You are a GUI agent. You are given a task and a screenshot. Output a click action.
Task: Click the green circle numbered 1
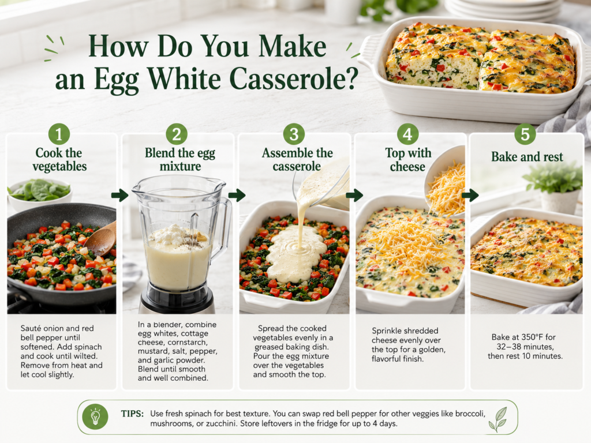pos(59,134)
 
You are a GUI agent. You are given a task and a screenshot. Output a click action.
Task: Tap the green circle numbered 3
pos(294,134)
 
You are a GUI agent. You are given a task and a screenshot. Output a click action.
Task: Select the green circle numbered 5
pos(525,134)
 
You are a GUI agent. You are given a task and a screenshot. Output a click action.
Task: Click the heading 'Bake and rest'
pos(527,157)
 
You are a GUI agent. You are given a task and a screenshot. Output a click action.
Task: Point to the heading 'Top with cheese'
pos(408,159)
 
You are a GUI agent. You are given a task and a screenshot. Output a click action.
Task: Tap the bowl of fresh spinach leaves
pos(39,194)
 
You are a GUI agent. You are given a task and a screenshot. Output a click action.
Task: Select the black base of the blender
pos(177,298)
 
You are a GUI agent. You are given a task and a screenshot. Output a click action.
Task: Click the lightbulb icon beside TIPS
pos(95,417)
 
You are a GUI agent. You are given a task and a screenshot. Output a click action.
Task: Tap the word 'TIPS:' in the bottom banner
pos(132,414)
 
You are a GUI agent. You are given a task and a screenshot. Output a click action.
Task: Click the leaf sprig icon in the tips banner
pos(498,419)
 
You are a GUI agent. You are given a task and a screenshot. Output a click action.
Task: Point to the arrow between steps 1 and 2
pos(119,195)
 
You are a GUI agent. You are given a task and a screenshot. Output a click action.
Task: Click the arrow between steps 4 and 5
pos(470,195)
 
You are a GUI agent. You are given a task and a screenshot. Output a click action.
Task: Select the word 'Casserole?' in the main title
pos(294,78)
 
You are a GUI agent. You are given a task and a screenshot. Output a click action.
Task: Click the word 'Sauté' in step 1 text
pos(31,328)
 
